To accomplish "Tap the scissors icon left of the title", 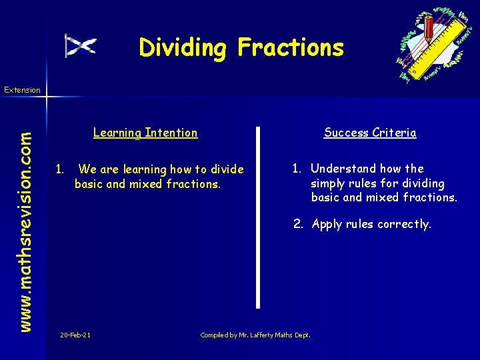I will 81,45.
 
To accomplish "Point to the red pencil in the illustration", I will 429,29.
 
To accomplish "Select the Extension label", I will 22,89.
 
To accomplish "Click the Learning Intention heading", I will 145,133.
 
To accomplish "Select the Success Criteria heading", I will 370,133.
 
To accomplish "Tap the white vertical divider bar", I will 259,217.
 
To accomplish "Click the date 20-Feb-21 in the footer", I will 75,335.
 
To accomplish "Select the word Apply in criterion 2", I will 327,225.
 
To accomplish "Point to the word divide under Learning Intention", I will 227,169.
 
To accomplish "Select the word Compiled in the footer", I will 215,335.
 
